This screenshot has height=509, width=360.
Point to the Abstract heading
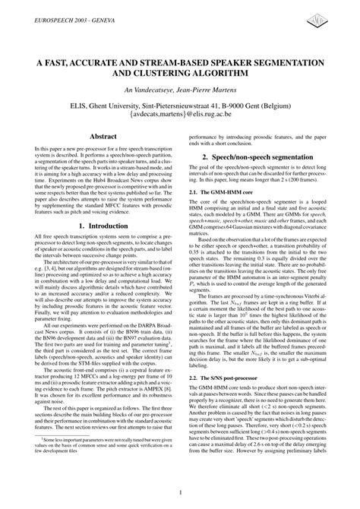(103, 136)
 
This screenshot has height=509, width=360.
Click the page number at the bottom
(180, 492)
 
